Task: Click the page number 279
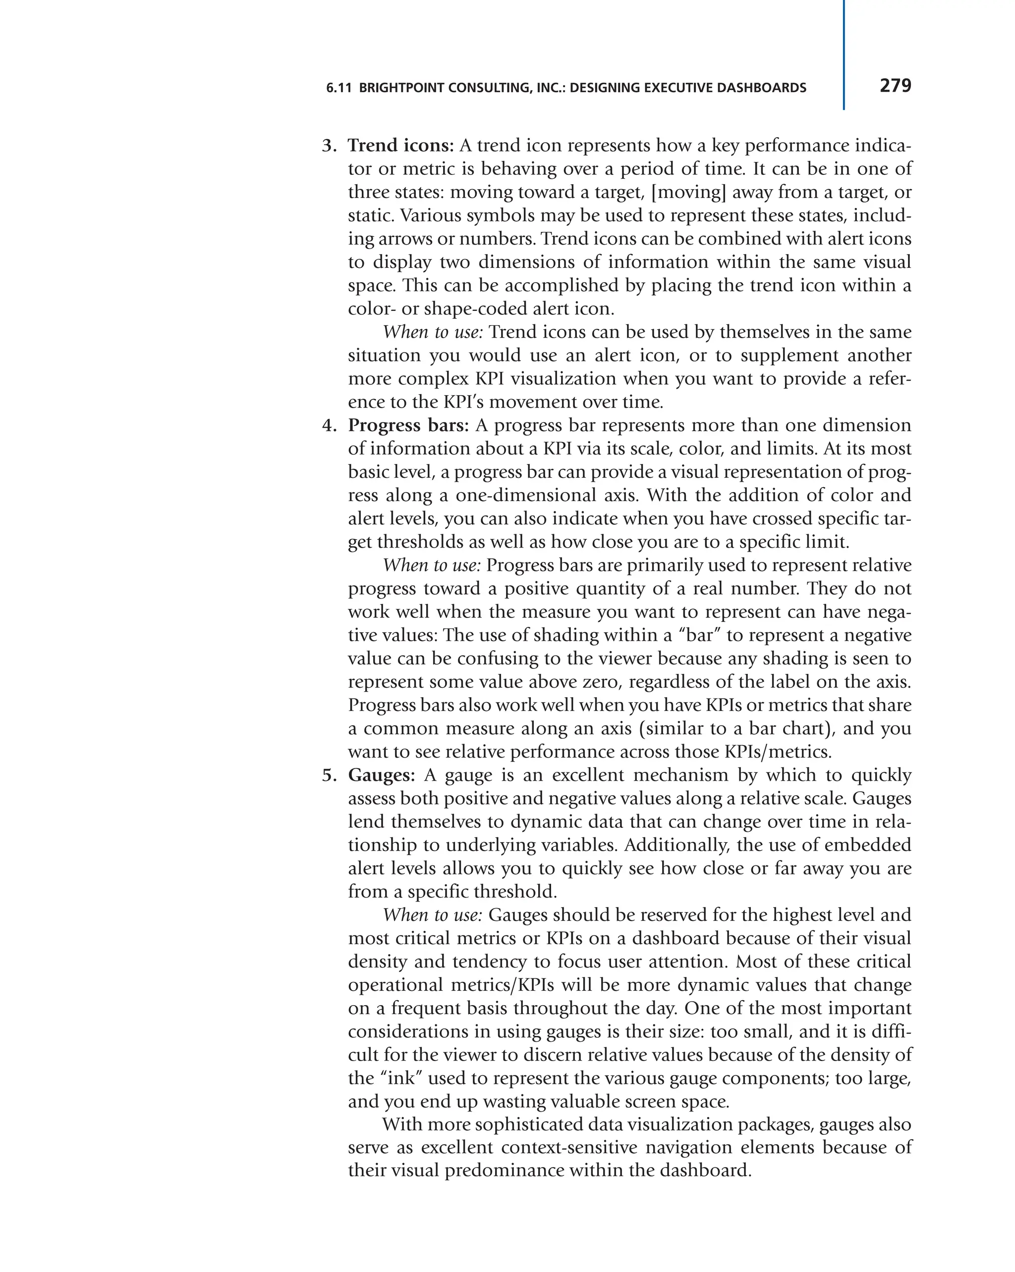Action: point(895,86)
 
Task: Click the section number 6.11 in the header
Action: point(338,89)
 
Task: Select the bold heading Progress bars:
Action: point(408,425)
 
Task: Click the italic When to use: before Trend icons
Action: point(433,332)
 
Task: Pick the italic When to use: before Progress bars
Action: point(432,565)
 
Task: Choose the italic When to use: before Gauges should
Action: point(433,915)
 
